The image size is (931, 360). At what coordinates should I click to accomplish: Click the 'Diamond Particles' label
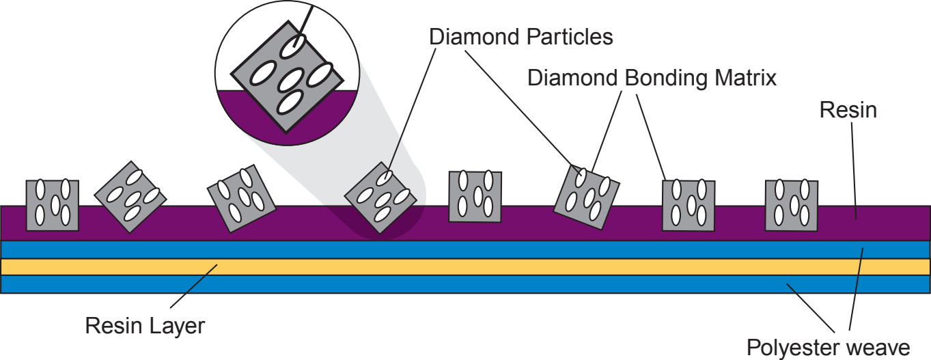click(x=521, y=37)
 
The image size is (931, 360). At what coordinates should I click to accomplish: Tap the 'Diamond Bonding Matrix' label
click(x=652, y=78)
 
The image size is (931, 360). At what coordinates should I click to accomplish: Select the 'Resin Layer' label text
click(x=145, y=326)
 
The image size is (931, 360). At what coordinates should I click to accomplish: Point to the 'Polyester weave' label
click(x=828, y=348)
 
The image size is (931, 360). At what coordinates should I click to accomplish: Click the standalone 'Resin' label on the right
click(x=848, y=109)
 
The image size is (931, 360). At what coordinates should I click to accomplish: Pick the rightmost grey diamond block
click(x=791, y=205)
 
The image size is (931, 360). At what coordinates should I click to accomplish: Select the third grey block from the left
click(x=241, y=198)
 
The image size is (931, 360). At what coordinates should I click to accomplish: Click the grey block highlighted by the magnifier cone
click(x=380, y=197)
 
